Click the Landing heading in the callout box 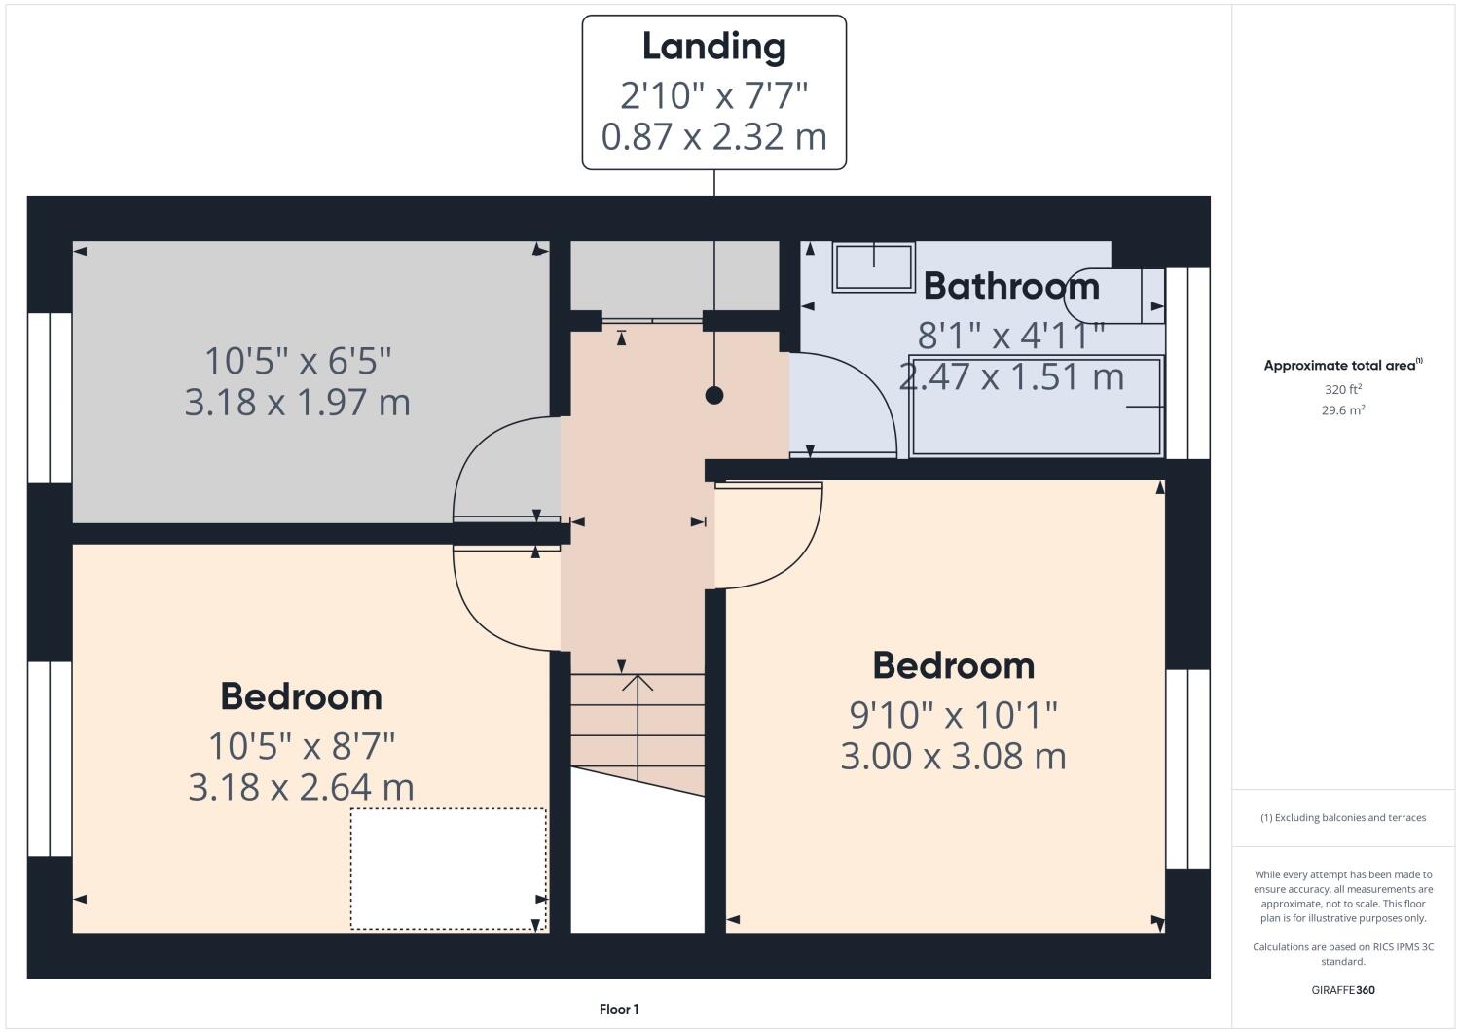pos(713,47)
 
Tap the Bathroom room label pos(1011,286)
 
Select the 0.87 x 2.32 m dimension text pos(713,136)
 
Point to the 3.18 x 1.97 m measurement pos(297,402)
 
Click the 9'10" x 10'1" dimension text pos(953,715)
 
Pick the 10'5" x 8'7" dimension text pos(301,746)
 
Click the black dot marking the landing pos(714,395)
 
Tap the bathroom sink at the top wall pos(873,267)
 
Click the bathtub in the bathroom pos(1036,406)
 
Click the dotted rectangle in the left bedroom pos(448,869)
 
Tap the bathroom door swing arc pos(857,399)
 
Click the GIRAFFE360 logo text pos(1342,990)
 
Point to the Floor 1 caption pos(619,1009)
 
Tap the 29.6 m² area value pos(1342,410)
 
